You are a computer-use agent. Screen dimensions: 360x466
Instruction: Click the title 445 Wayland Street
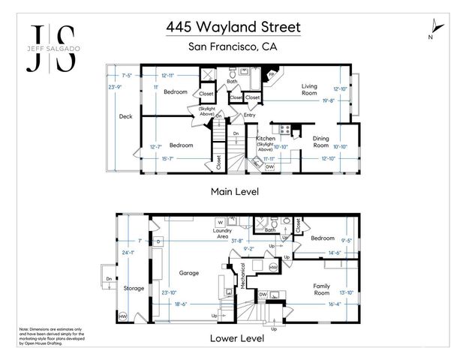(233, 27)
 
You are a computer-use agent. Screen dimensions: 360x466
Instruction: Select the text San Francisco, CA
(233, 47)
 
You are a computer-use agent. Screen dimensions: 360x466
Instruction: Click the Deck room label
(126, 116)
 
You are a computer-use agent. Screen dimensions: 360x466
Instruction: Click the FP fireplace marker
(272, 76)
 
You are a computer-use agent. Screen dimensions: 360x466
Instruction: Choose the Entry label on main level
(249, 115)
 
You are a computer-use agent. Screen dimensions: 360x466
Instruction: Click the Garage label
(188, 273)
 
